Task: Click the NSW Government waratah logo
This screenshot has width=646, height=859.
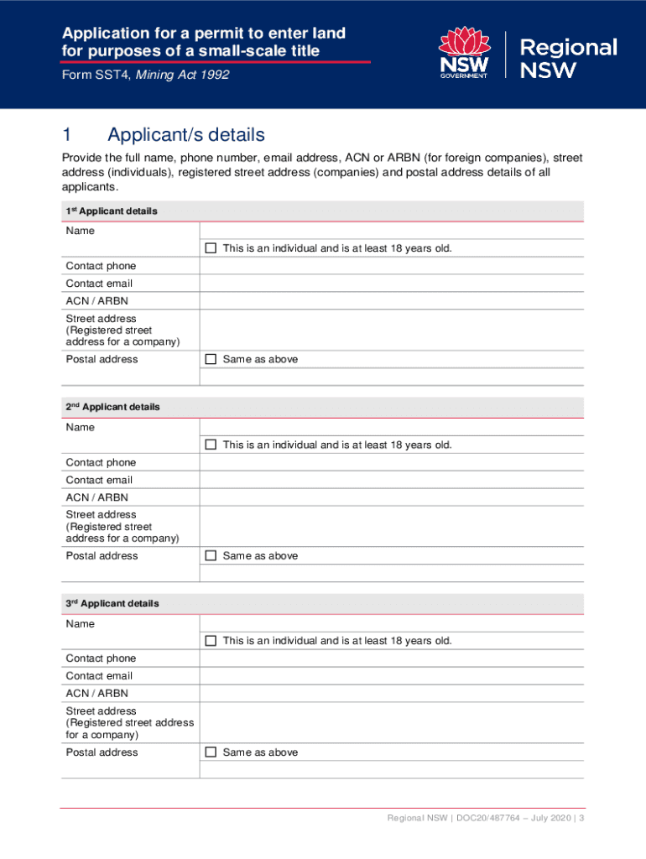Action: tap(464, 53)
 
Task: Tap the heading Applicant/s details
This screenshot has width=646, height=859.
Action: tap(185, 135)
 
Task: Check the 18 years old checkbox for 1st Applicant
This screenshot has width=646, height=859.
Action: tap(211, 248)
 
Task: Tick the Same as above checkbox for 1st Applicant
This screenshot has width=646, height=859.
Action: tap(211, 359)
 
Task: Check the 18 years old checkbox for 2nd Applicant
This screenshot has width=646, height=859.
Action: tap(211, 445)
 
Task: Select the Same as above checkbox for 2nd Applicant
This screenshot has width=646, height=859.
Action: tap(211, 555)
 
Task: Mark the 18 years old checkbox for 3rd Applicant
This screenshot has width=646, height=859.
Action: tap(211, 641)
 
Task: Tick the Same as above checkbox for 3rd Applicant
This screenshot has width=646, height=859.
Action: tap(211, 752)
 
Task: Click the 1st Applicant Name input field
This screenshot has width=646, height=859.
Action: tap(391, 231)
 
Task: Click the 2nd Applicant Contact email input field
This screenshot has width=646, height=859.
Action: tap(391, 480)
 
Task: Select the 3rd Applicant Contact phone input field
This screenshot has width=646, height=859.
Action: tap(391, 659)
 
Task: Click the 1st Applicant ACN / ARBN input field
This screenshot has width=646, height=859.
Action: tap(391, 300)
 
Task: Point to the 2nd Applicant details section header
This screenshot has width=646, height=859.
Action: tap(112, 407)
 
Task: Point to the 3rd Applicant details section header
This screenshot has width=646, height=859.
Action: tap(112, 603)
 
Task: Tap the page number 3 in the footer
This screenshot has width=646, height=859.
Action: tap(581, 819)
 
